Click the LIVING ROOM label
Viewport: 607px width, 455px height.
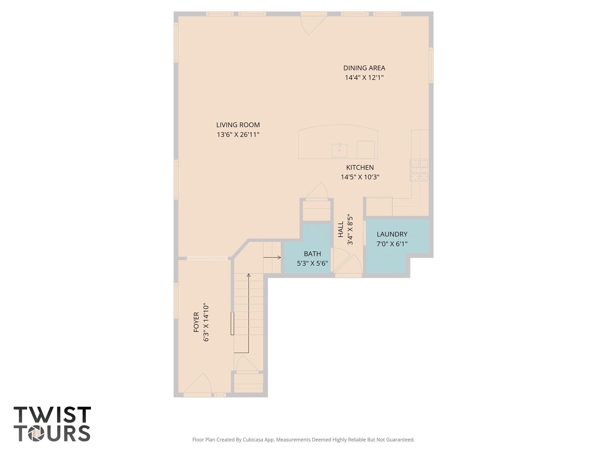pyautogui.click(x=238, y=125)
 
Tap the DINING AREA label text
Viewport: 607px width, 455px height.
pyautogui.click(x=364, y=68)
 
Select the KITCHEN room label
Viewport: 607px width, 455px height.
pyautogui.click(x=360, y=168)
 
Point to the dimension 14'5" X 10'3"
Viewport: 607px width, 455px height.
pyautogui.click(x=360, y=177)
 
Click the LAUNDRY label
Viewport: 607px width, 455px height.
pyautogui.click(x=392, y=234)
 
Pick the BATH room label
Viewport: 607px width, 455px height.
pyautogui.click(x=312, y=254)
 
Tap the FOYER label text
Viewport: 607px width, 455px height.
pyautogui.click(x=196, y=322)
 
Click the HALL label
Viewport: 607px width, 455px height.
pyautogui.click(x=341, y=229)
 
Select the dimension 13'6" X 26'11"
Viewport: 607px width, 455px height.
pyautogui.click(x=238, y=135)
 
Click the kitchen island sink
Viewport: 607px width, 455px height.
pyautogui.click(x=339, y=150)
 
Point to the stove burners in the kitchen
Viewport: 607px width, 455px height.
pyautogui.click(x=419, y=170)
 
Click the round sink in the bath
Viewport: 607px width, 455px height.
pyautogui.click(x=317, y=232)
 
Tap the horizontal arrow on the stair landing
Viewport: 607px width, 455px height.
pyautogui.click(x=272, y=257)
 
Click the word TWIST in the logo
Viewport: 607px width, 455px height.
pyautogui.click(x=52, y=415)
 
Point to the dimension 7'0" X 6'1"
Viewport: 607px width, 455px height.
pyautogui.click(x=392, y=244)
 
